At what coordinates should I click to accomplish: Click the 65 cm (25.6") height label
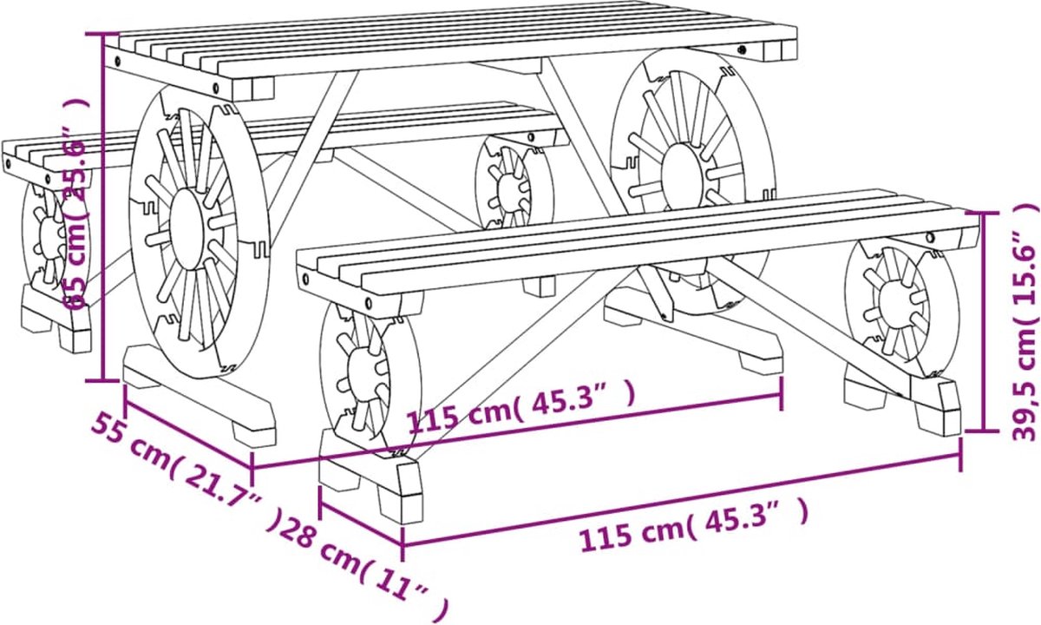(x=75, y=204)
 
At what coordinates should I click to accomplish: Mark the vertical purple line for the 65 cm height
(x=103, y=207)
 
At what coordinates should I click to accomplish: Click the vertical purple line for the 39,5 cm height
(x=983, y=322)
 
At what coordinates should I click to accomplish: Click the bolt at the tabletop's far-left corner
(x=117, y=61)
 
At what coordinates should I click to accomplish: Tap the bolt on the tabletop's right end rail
(x=742, y=49)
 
